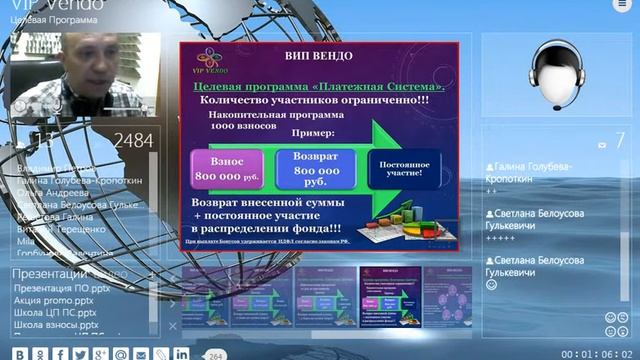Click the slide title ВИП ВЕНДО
[319, 57]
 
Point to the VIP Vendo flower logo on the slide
[212, 60]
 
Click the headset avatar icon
[557, 75]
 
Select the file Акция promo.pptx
[55, 299]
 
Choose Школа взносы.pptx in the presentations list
[55, 324]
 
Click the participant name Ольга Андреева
[50, 192]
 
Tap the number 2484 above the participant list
[132, 141]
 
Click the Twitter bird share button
[79, 353]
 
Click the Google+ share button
[99, 353]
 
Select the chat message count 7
[619, 141]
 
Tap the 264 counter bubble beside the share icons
[215, 354]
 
